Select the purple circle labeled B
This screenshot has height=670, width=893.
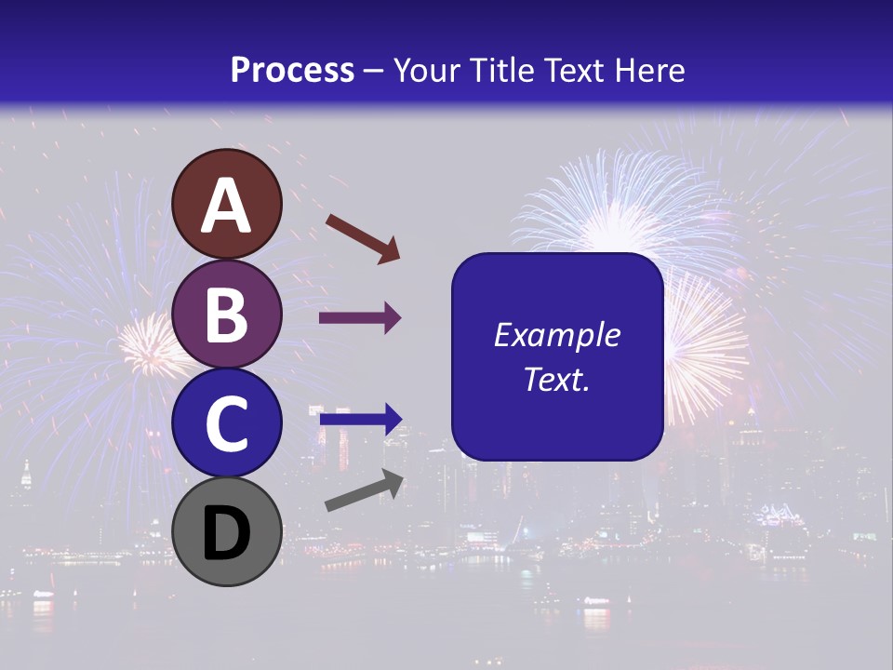227,314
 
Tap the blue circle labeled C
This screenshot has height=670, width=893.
227,423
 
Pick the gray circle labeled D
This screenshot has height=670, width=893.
227,532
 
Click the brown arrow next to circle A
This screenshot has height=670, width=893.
362,238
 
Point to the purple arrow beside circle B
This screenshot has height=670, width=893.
360,318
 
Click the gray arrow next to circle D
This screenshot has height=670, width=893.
364,491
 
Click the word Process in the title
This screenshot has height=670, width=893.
292,70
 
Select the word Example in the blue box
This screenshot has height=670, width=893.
556,335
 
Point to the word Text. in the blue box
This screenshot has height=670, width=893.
556,379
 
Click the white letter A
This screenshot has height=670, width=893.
227,206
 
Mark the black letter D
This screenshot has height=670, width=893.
227,533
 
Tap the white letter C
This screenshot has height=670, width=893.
227,424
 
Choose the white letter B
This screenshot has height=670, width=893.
227,315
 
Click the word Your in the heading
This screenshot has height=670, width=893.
424,70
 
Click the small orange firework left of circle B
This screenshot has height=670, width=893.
147,342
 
